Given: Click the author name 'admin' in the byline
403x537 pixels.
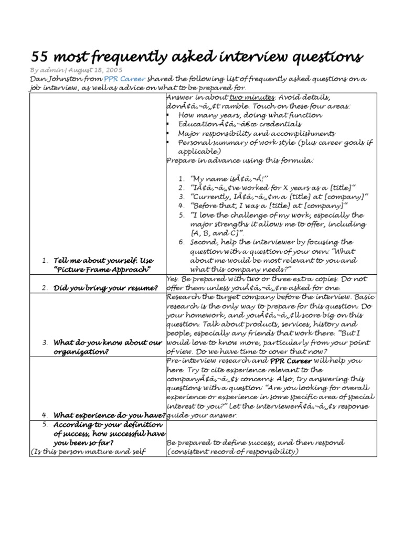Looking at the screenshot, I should click(52, 70).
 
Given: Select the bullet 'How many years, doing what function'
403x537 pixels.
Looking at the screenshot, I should click(250, 115).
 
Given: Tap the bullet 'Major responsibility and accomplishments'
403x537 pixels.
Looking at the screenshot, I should click(257, 133).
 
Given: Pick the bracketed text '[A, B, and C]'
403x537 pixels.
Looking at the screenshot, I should click(217, 233).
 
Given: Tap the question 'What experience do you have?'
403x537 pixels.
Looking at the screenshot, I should click(110, 415).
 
